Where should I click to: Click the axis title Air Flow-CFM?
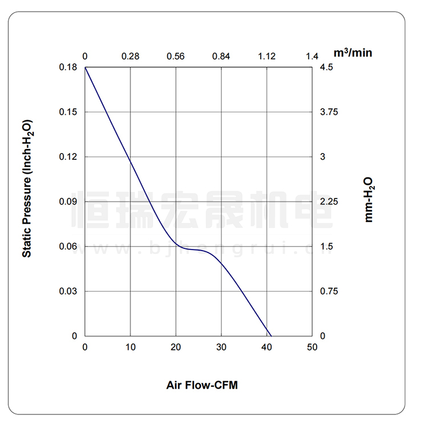click(x=201, y=385)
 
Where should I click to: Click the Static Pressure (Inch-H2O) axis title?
click(x=27, y=188)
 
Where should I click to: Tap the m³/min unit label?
click(x=353, y=53)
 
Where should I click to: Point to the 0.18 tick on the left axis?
click(x=68, y=67)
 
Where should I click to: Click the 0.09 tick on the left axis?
click(x=68, y=202)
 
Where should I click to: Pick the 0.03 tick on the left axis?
click(x=68, y=291)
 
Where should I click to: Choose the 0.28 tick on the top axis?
click(x=131, y=56)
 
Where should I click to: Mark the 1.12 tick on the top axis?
click(x=267, y=56)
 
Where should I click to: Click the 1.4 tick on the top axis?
click(x=312, y=56)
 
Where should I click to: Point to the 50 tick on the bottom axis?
click(x=312, y=347)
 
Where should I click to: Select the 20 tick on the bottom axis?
click(x=176, y=347)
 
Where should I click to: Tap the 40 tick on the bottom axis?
click(x=267, y=347)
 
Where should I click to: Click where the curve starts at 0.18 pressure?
click(x=86, y=67)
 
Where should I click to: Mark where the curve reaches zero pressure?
click(x=271, y=336)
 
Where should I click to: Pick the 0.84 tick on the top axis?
click(x=221, y=56)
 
